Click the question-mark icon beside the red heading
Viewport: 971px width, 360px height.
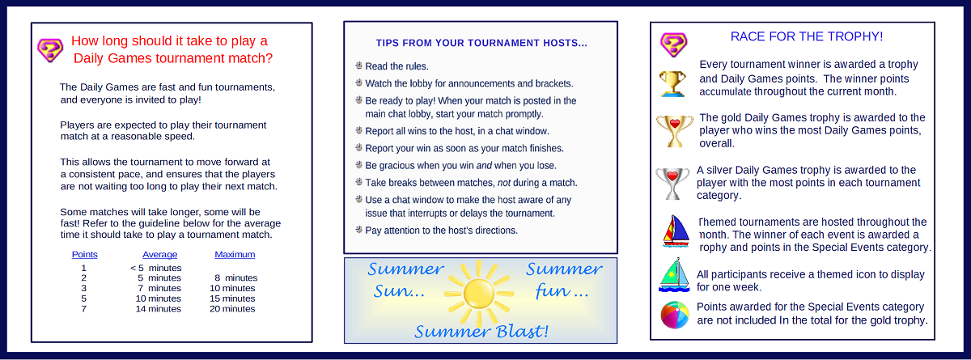50,50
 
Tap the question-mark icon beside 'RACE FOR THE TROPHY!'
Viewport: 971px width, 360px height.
673,44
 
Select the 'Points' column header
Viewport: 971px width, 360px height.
84,254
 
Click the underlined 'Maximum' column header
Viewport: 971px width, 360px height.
235,254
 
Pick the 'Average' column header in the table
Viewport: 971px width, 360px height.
159,254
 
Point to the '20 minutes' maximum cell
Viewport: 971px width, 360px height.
232,309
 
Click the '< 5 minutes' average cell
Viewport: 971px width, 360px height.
155,268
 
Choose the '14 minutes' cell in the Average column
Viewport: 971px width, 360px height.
159,309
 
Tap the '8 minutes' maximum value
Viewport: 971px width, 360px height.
235,277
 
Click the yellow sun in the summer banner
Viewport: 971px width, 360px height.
478,294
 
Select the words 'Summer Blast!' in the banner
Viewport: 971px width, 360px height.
481,332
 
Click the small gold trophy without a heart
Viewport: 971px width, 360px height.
672,83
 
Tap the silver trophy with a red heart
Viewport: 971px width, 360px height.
672,184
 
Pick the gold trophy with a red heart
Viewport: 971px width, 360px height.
675,131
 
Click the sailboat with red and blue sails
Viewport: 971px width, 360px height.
676,231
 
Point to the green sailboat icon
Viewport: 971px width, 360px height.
674,275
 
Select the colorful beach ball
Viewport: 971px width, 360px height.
675,315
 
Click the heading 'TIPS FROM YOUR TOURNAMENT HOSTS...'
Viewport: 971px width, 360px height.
481,43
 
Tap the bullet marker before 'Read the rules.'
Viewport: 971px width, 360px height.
359,66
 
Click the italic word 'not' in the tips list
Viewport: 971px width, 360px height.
503,183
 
